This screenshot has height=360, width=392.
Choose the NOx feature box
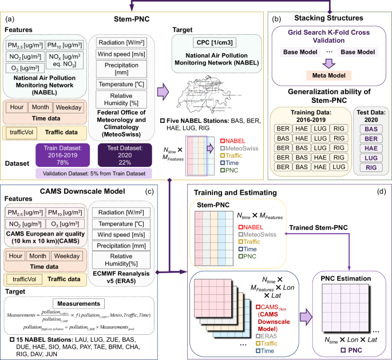(66, 58)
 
